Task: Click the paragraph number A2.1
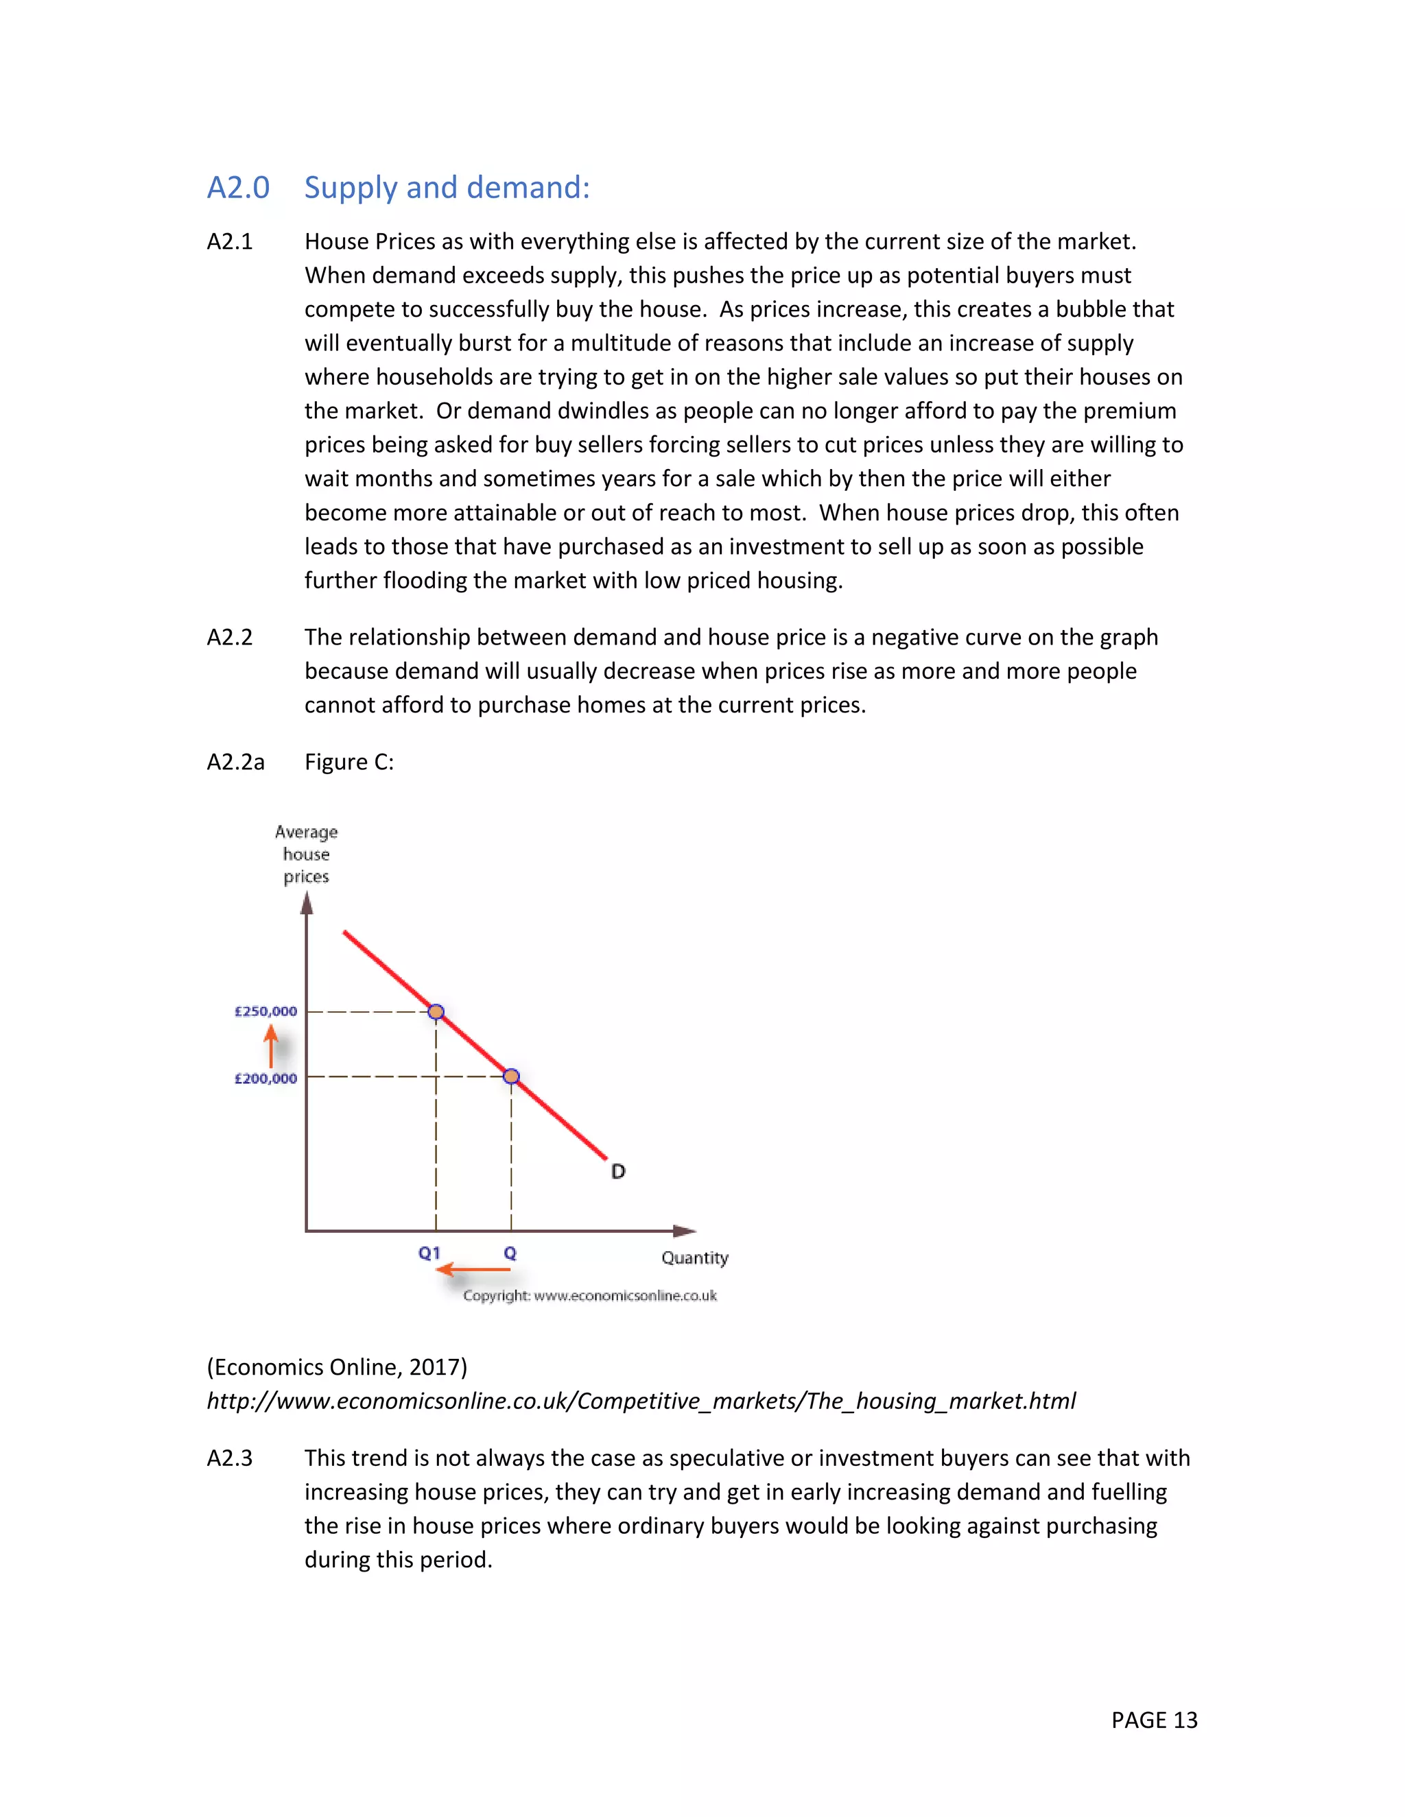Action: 230,241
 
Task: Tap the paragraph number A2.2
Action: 230,637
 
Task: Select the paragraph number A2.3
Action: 230,1458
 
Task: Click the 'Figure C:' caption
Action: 349,762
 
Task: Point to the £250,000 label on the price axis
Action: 265,1011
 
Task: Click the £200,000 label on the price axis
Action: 265,1079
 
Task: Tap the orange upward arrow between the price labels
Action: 270,1046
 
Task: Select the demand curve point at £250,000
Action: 436,1011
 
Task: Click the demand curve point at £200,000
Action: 512,1076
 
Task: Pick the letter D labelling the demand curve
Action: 617,1171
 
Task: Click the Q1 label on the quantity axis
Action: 429,1253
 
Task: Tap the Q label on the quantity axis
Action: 510,1253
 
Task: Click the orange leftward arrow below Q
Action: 473,1270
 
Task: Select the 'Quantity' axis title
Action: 695,1258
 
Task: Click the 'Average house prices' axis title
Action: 306,854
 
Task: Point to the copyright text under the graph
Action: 589,1295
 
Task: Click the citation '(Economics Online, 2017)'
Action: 337,1367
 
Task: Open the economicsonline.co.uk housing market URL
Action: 641,1401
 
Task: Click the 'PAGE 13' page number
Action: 1154,1720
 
